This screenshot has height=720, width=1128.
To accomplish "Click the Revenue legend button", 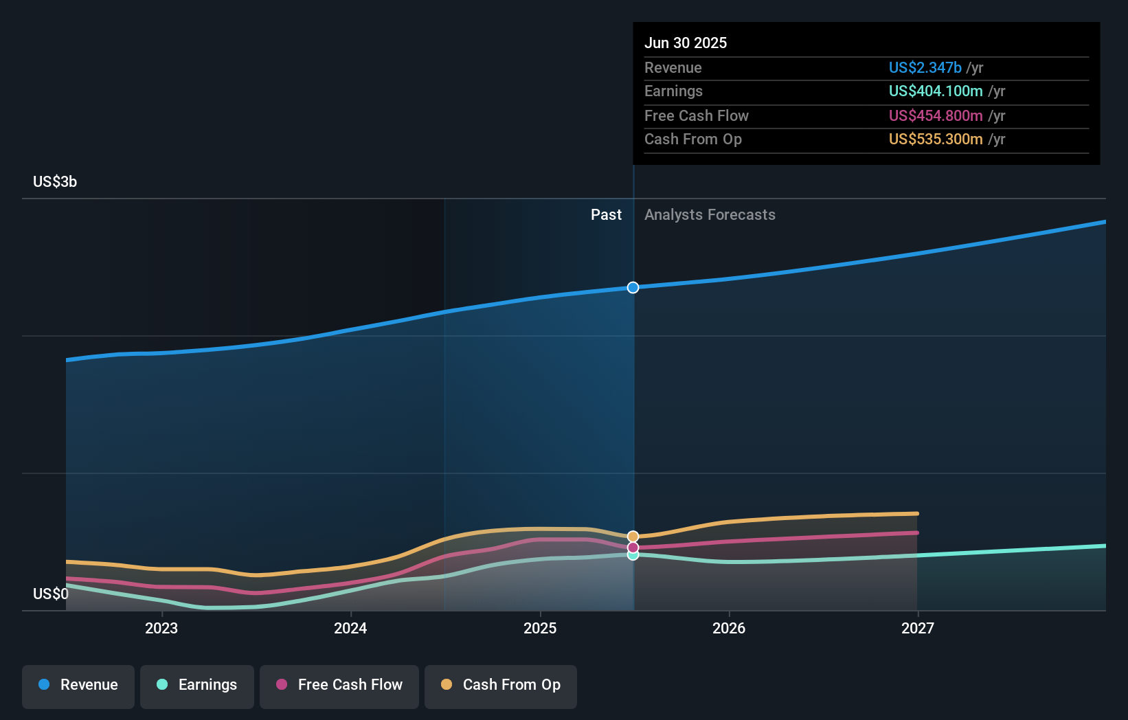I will tap(78, 685).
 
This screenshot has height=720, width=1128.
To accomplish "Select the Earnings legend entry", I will tap(197, 685).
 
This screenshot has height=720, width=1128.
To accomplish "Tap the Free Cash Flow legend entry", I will tap(339, 685).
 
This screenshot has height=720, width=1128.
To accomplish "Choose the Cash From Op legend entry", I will tap(501, 685).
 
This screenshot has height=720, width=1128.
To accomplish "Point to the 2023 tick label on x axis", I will tap(161, 628).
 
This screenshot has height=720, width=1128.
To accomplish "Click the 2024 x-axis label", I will tap(350, 628).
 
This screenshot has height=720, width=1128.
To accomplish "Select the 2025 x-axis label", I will tap(540, 628).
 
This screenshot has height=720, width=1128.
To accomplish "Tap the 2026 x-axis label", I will tap(729, 628).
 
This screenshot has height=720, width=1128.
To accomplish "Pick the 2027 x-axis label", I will tap(918, 628).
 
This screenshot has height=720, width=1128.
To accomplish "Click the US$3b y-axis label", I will tap(55, 182).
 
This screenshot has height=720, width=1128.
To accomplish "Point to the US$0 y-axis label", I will tap(51, 594).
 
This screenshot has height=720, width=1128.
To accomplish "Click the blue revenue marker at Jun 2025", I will tap(633, 287).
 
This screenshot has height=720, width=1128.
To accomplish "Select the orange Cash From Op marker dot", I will tap(633, 536).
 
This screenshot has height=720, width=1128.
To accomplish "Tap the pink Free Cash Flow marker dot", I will tap(633, 548).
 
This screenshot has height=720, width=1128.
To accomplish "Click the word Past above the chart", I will tap(606, 215).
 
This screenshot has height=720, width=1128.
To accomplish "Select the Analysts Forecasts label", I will tap(710, 215).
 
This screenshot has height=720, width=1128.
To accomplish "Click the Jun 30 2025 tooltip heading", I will tap(686, 43).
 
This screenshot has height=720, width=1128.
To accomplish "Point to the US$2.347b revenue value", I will tap(925, 67).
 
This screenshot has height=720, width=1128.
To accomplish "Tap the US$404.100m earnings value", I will tap(936, 91).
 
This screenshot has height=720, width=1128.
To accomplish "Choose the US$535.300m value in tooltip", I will tap(936, 139).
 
